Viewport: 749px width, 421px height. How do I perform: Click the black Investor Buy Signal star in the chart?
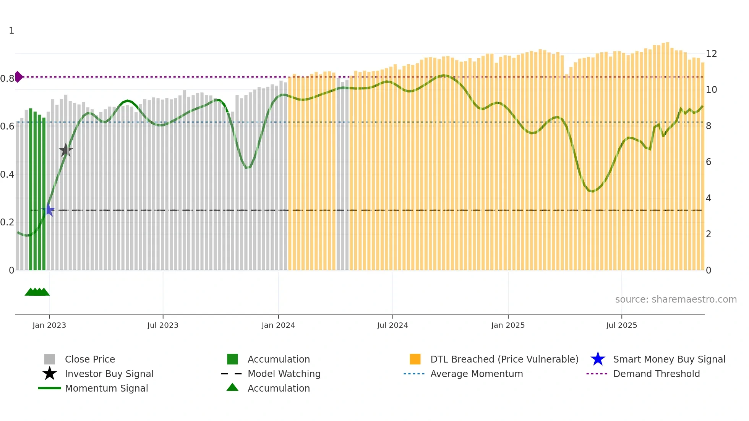[66, 151]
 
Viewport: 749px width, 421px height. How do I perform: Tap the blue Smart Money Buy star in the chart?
[49, 210]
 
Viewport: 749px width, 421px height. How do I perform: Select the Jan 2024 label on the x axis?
[278, 325]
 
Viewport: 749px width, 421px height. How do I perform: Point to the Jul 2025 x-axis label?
[621, 325]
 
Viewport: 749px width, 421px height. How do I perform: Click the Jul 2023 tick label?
[163, 325]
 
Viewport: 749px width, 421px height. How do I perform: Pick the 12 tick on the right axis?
[711, 54]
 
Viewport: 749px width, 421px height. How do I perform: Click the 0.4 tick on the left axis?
[7, 175]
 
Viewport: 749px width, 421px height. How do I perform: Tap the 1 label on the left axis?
[11, 31]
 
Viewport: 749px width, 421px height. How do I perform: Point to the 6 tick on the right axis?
[708, 162]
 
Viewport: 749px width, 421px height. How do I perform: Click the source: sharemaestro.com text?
[676, 300]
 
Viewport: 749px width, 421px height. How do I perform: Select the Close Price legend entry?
[90, 359]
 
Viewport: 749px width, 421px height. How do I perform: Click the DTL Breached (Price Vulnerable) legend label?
[504, 359]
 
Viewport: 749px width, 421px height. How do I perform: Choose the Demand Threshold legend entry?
[656, 374]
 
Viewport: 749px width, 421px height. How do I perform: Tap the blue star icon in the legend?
[598, 359]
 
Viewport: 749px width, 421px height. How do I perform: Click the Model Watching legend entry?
[284, 374]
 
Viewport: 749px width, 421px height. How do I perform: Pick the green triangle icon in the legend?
[232, 387]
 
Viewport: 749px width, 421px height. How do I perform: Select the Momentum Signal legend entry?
[106, 388]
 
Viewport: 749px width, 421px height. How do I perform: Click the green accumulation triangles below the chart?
[37, 292]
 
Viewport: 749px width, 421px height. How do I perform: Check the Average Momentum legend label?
[476, 374]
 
